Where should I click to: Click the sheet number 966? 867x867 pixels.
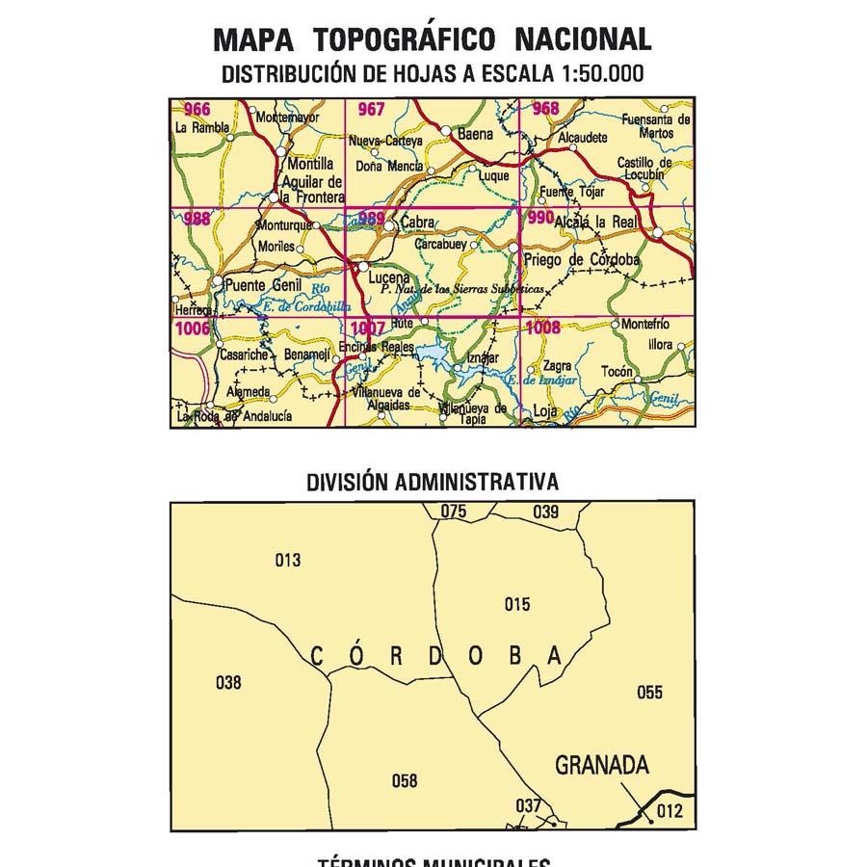pyautogui.click(x=197, y=109)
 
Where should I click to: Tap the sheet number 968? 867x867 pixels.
pyautogui.click(x=544, y=108)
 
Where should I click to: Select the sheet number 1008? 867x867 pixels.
pyautogui.click(x=543, y=328)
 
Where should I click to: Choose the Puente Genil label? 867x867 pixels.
pyautogui.click(x=263, y=285)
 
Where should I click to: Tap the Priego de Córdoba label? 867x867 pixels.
pyautogui.click(x=581, y=260)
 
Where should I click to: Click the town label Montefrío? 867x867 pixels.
pyautogui.click(x=644, y=325)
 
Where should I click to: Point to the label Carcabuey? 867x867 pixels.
pyautogui.click(x=440, y=245)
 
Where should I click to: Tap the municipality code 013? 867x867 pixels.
pyautogui.click(x=288, y=561)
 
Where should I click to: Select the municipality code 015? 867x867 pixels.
pyautogui.click(x=517, y=604)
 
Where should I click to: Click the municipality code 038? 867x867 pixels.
pyautogui.click(x=228, y=683)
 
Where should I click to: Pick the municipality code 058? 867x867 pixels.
pyautogui.click(x=405, y=780)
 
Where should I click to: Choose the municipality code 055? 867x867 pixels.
pyautogui.click(x=650, y=692)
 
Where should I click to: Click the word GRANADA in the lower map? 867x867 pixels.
pyautogui.click(x=602, y=766)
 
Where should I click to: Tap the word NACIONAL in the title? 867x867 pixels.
pyautogui.click(x=583, y=39)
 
